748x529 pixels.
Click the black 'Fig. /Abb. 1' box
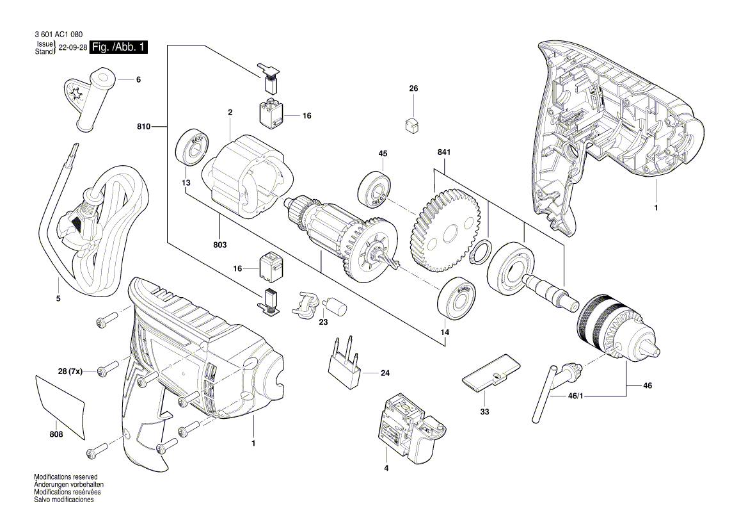click(x=119, y=47)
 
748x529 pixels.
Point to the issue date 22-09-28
click(x=72, y=48)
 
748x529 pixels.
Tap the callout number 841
click(x=444, y=153)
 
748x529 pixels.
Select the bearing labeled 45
click(x=375, y=189)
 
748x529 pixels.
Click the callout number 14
click(x=444, y=332)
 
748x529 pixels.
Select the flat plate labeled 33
click(x=490, y=373)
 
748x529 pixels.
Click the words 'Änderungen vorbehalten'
click(x=68, y=485)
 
